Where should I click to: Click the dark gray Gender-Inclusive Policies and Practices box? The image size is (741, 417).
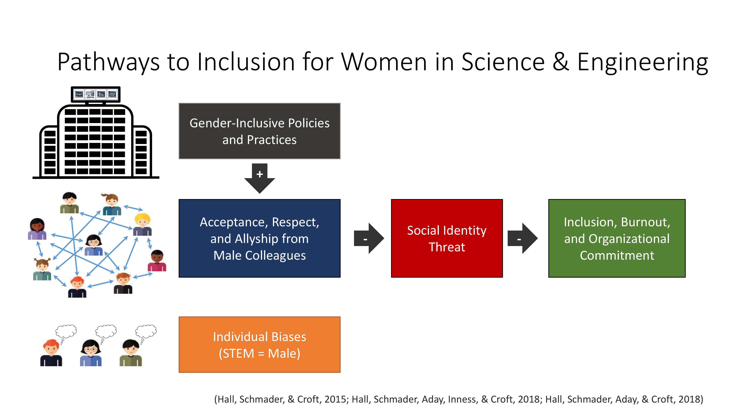coord(260,131)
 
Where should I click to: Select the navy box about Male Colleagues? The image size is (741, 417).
coord(260,238)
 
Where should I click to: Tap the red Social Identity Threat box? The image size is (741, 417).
coord(447,238)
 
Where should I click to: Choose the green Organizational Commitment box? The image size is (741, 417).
coord(617,238)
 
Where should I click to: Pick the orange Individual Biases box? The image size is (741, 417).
coord(260,345)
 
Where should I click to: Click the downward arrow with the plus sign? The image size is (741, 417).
coord(260,178)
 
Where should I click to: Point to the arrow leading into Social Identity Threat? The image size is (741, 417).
coord(369,238)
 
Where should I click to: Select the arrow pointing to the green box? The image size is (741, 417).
coord(523,238)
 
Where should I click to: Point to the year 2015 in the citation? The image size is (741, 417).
coord(336,399)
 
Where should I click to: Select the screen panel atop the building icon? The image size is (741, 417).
coord(96,94)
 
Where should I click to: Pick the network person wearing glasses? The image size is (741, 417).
coord(94,245)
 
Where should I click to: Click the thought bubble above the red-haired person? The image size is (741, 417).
coord(66,331)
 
